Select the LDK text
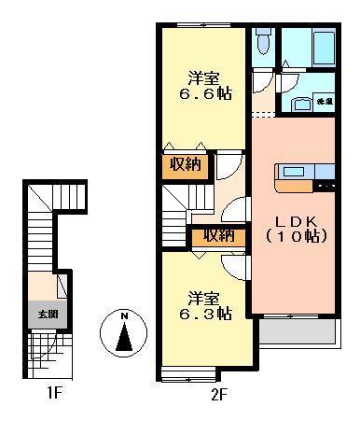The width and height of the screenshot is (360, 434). coord(295,222)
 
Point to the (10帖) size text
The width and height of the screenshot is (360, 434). coord(295,237)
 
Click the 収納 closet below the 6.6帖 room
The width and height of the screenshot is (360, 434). coord(185,165)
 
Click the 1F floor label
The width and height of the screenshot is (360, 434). coord(54,393)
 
